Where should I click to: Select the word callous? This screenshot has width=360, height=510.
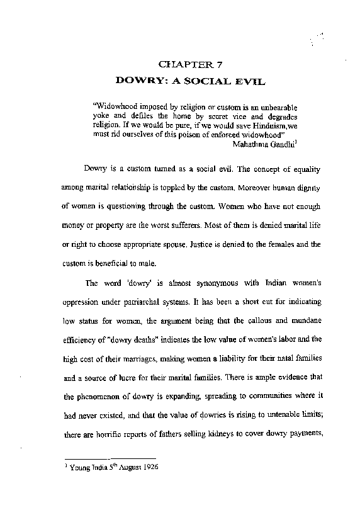(x=283, y=322)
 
